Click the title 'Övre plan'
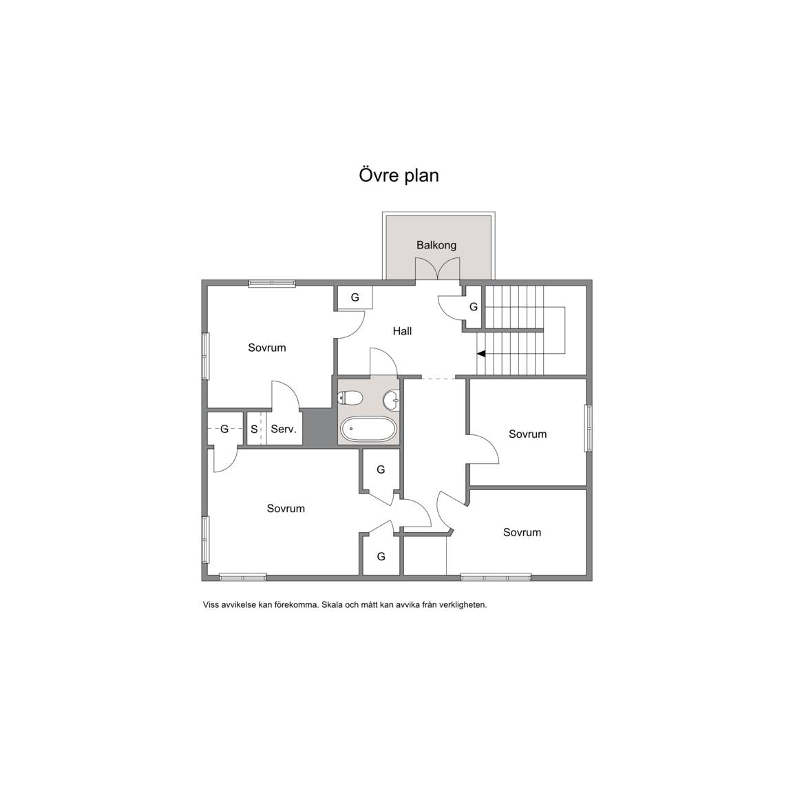[x=399, y=176]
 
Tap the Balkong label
[x=436, y=245]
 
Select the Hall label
[x=402, y=331]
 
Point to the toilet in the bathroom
[x=350, y=399]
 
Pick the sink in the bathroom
[x=391, y=401]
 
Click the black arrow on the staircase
[x=481, y=354]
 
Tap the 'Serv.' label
[x=284, y=430]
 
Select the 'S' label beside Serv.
[x=254, y=430]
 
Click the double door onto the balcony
[x=438, y=269]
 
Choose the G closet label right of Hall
[x=474, y=307]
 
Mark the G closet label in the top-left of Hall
[x=355, y=297]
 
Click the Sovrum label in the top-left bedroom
[x=267, y=348]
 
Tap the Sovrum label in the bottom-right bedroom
[x=522, y=533]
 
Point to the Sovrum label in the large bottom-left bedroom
[x=286, y=509]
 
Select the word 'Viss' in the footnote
[x=211, y=605]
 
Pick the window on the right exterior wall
[x=588, y=428]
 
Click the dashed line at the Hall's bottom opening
[x=438, y=378]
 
